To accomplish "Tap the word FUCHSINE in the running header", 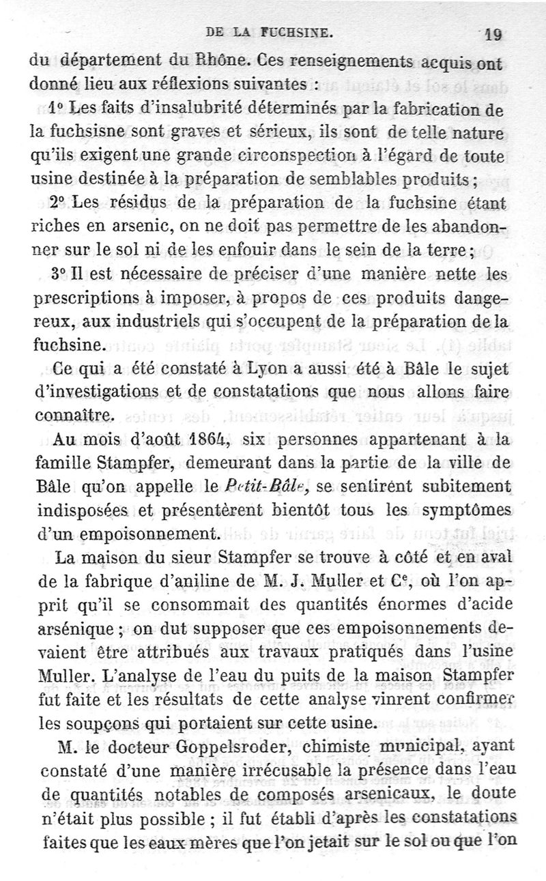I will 295,31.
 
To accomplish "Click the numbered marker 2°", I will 62,202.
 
